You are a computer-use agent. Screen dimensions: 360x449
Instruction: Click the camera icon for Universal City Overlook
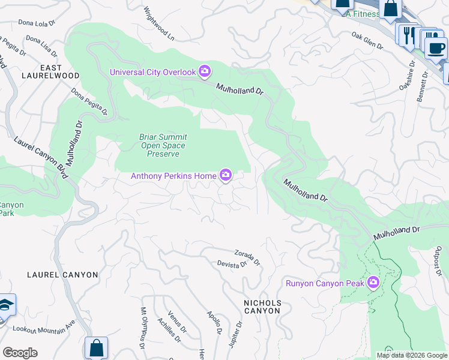point(205,72)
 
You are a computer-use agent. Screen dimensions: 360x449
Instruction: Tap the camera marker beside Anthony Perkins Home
point(226,175)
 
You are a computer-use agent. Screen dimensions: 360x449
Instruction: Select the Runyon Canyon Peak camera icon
point(373,283)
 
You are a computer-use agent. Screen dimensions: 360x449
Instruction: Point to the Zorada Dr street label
point(247,257)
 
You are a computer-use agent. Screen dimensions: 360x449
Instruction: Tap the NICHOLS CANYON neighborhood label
point(262,307)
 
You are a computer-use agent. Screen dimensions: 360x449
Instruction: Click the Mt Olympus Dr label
point(143,328)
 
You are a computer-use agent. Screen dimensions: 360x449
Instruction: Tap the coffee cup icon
point(435,47)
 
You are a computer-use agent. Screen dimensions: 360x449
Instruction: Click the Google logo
point(20,353)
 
